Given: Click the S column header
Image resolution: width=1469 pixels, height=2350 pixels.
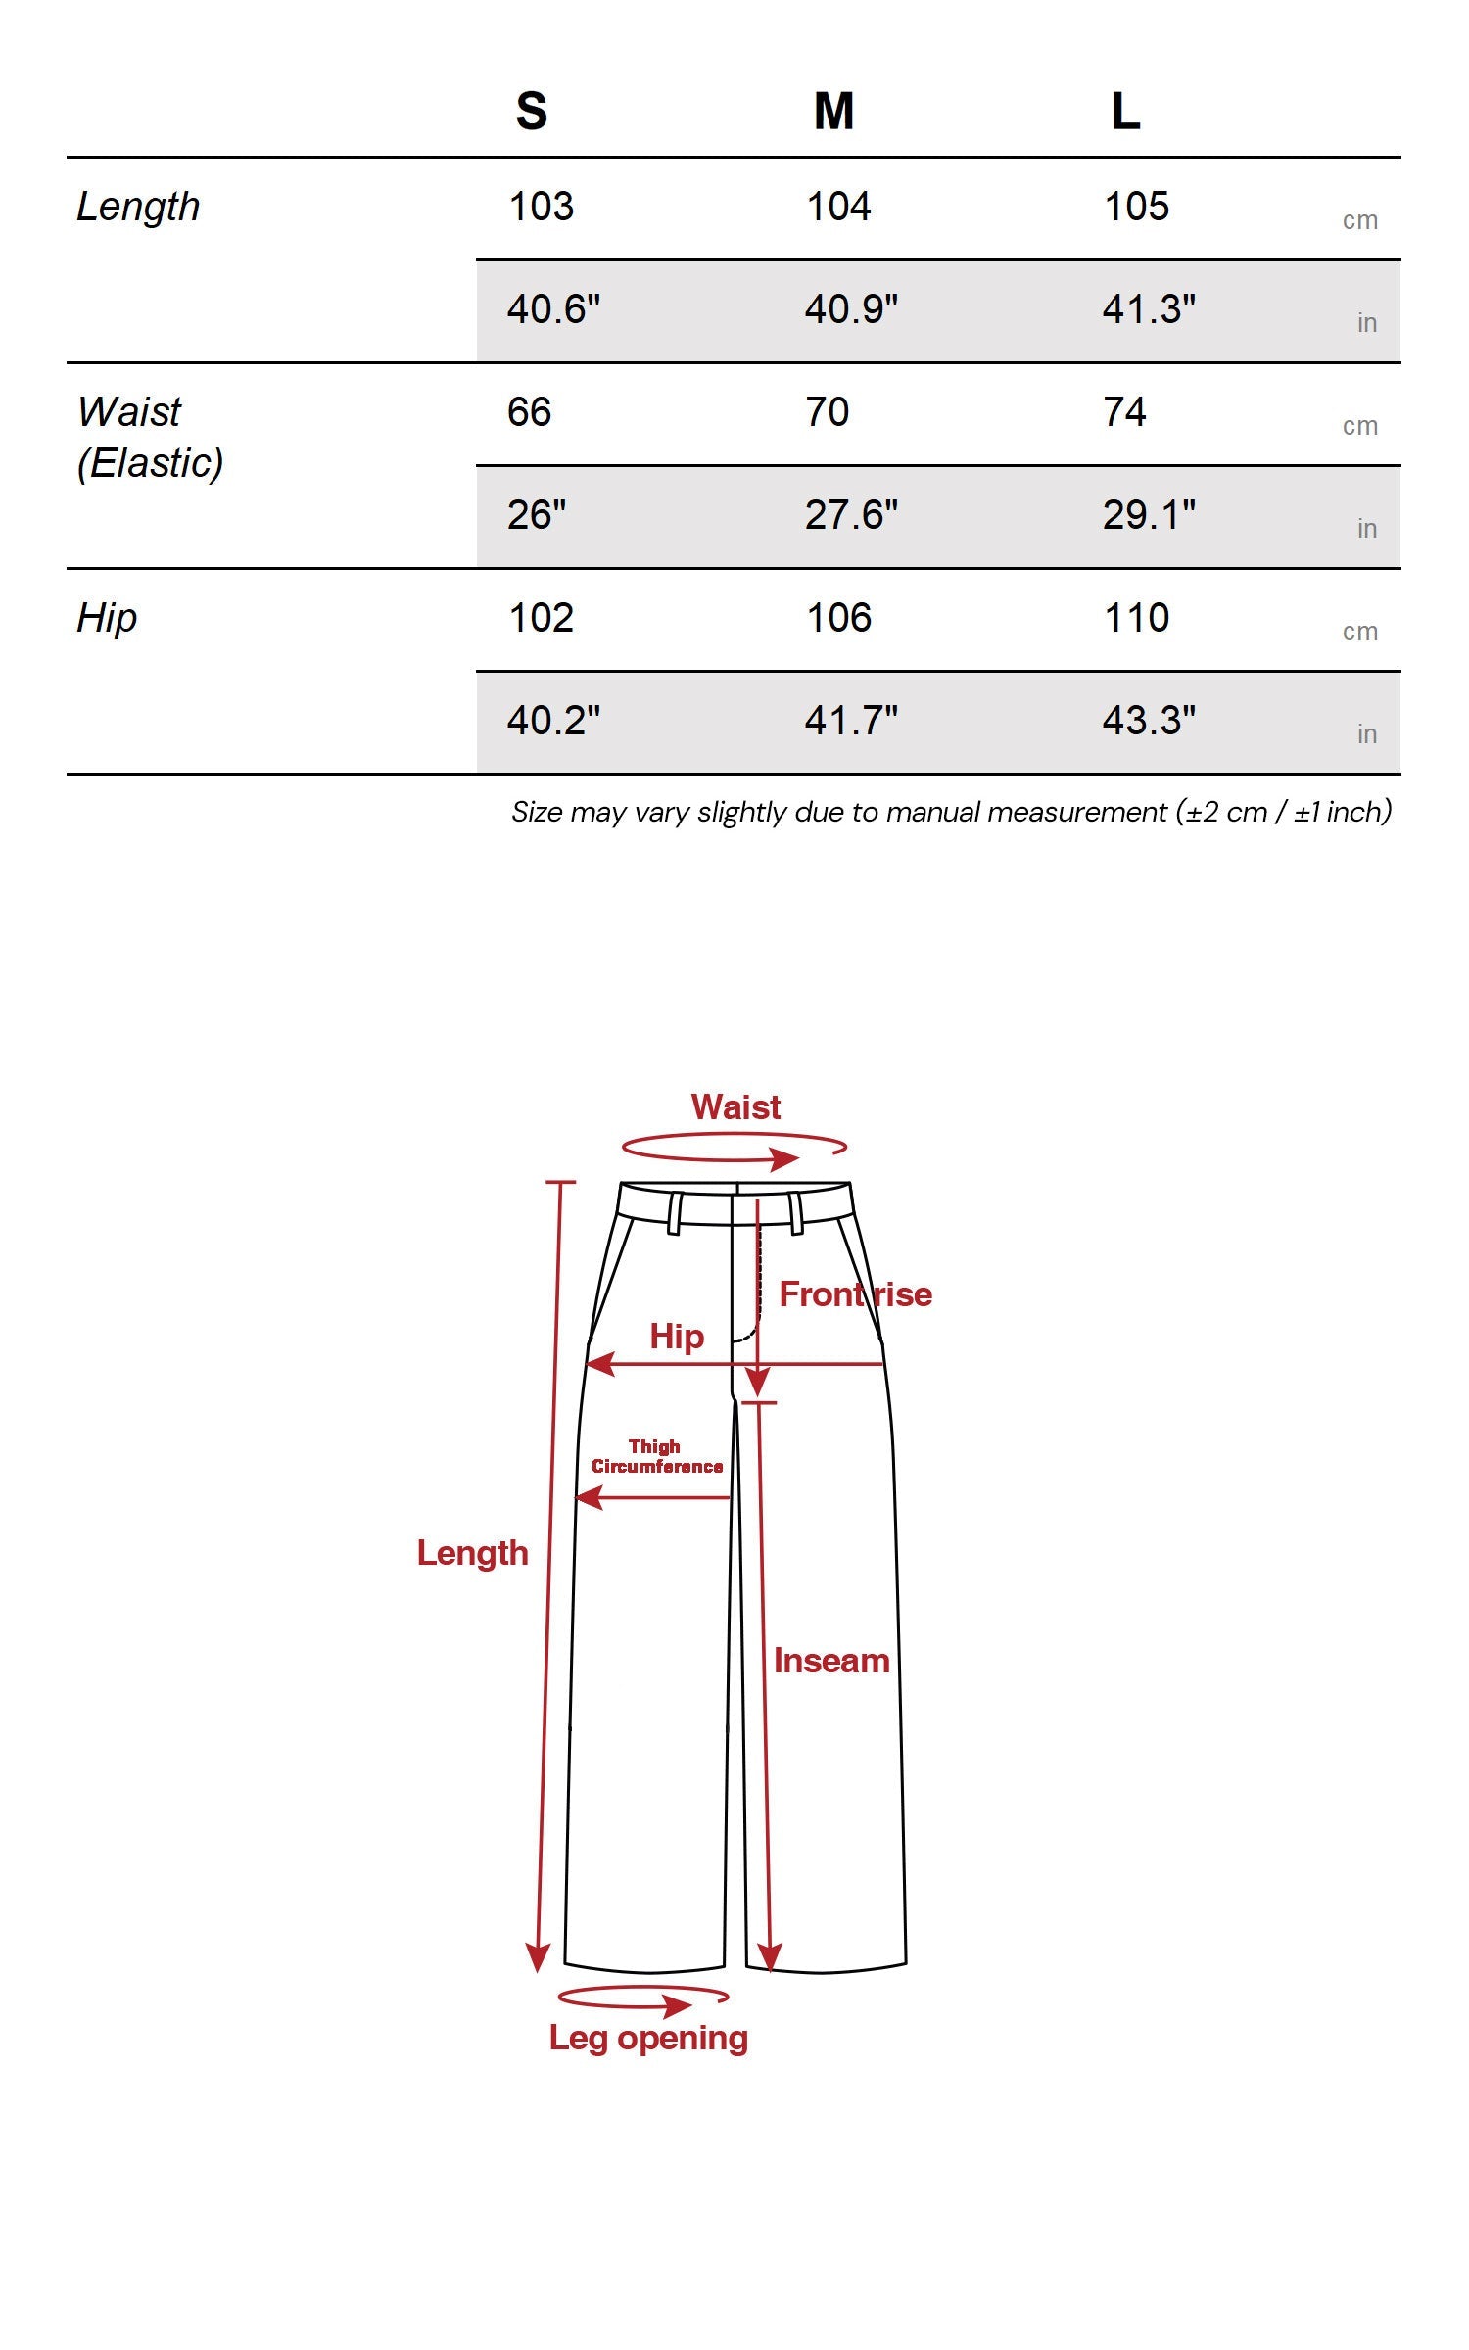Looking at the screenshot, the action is point(531,111).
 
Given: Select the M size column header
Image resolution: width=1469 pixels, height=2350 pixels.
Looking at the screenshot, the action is point(833,111).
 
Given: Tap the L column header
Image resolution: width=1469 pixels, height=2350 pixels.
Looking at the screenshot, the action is point(1125,111).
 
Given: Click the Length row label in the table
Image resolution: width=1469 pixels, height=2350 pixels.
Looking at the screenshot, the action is point(138,208).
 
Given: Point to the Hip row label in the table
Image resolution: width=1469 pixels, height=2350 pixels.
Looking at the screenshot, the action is point(107,619).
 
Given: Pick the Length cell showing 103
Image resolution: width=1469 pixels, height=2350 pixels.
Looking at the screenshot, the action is point(541,207).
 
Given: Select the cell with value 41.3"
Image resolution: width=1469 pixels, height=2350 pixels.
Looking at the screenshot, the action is point(1149,309).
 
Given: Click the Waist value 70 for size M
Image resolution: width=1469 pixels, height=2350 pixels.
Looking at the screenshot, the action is point(828,412).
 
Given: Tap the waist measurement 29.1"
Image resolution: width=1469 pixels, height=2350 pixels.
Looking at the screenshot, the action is point(1149,515).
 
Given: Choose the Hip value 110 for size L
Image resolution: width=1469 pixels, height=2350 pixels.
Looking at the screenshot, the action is point(1136,618).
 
